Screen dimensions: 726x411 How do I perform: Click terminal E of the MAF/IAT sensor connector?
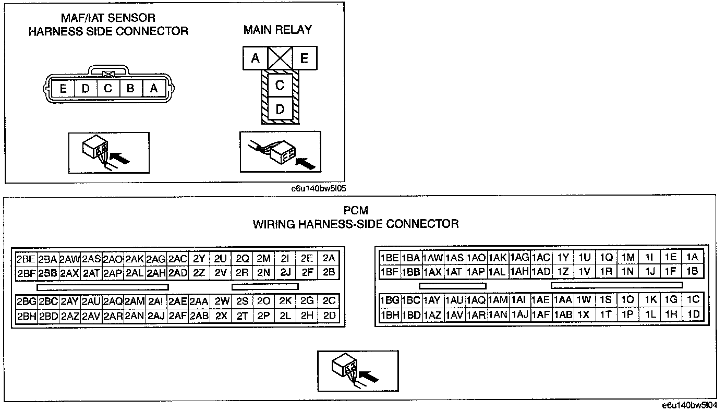point(63,88)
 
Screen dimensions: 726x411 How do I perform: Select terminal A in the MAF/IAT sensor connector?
point(154,88)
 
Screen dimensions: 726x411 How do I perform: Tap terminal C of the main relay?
point(280,85)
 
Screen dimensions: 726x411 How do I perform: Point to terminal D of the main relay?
point(280,109)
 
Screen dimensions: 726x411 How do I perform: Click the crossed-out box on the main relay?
point(280,58)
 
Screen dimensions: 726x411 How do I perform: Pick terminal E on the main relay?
point(305,58)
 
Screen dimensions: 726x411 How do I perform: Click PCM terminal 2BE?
point(26,259)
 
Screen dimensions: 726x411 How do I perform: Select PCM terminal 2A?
point(329,258)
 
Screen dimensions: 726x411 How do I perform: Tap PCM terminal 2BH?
point(27,316)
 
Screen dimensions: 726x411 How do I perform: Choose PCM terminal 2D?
point(329,316)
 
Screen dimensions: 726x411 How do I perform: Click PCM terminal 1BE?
point(390,258)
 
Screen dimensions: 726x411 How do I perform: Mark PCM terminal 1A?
point(692,257)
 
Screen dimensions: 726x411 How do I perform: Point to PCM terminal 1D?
point(693,314)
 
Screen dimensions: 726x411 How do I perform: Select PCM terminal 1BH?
point(390,315)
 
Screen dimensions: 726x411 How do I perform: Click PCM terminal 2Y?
point(199,259)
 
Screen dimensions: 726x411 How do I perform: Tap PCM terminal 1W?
point(584,300)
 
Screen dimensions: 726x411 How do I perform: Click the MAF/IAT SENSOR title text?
point(108,18)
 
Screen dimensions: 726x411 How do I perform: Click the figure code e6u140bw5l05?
point(319,189)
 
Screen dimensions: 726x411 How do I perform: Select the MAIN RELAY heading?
point(277,30)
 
